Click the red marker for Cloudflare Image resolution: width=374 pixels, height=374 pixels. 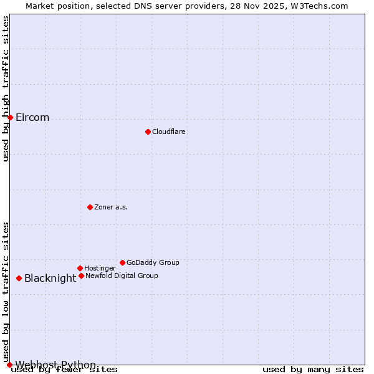click(148, 132)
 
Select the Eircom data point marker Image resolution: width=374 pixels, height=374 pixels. click(10, 117)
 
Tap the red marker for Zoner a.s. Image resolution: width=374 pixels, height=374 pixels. click(90, 207)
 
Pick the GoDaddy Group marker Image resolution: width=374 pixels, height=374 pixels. click(122, 262)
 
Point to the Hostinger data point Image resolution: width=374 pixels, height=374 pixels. click(80, 268)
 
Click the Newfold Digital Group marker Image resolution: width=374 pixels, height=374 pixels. click(81, 276)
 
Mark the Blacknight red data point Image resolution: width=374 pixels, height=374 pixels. click(19, 278)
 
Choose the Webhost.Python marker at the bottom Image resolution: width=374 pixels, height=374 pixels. click(9, 365)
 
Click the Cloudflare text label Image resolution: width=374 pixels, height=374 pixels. click(168, 132)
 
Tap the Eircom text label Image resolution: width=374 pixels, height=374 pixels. click(32, 118)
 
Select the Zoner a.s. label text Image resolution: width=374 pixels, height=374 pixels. click(111, 207)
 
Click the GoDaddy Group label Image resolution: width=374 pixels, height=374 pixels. click(153, 262)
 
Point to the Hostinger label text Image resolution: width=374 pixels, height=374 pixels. click(100, 268)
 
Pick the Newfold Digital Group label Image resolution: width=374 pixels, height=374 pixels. click(122, 276)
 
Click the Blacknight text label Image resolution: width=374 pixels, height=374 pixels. click(50, 279)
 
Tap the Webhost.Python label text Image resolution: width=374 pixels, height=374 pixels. click(55, 365)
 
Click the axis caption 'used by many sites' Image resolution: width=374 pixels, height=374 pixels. click(313, 370)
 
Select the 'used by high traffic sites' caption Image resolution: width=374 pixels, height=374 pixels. click(6, 89)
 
